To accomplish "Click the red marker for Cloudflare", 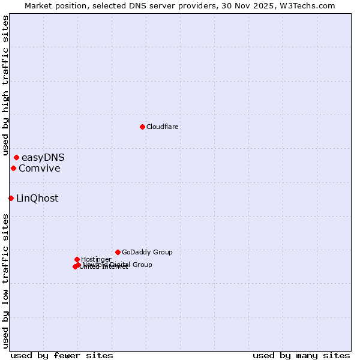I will pos(142,127).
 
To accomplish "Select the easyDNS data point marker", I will pos(16,157).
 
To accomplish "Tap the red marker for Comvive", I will pos(13,168).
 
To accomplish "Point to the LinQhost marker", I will pos(11,198).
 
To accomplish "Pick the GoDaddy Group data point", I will pos(118,252).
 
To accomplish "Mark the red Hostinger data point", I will pos(77,259).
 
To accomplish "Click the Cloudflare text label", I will pos(163,127).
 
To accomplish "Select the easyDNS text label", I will pos(43,158).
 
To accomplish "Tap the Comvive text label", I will pos(40,169).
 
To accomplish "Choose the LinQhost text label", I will pos(37,199).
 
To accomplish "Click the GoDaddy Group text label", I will pos(147,252).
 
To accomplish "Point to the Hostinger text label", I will pos(96,259).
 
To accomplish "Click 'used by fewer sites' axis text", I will pos(62,355).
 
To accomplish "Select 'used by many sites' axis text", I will pos(301,355).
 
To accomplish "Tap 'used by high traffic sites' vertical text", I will pos(5,86).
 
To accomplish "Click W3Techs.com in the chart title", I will pos(309,5).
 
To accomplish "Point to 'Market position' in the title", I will pos(53,5).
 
